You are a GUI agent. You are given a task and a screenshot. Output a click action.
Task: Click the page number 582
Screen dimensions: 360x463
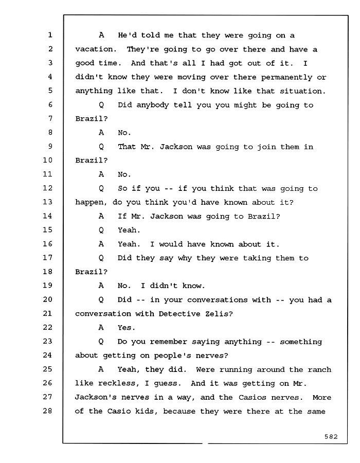331,436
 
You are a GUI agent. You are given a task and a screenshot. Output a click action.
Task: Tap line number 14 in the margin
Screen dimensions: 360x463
47,216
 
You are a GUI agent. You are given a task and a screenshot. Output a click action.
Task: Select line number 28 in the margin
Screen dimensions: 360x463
47,411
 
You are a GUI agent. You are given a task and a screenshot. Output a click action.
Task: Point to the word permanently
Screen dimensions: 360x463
286,77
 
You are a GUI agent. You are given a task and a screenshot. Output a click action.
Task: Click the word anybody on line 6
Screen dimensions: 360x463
152,105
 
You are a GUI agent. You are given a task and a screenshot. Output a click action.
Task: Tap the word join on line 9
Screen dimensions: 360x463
266,147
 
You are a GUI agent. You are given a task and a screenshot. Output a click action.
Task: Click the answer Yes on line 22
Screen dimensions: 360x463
127,328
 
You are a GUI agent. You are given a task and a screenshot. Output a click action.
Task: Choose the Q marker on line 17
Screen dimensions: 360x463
101,258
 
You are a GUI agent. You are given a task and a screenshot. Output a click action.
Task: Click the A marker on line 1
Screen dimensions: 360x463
101,35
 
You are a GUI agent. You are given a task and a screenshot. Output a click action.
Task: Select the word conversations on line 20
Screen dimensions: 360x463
217,300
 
